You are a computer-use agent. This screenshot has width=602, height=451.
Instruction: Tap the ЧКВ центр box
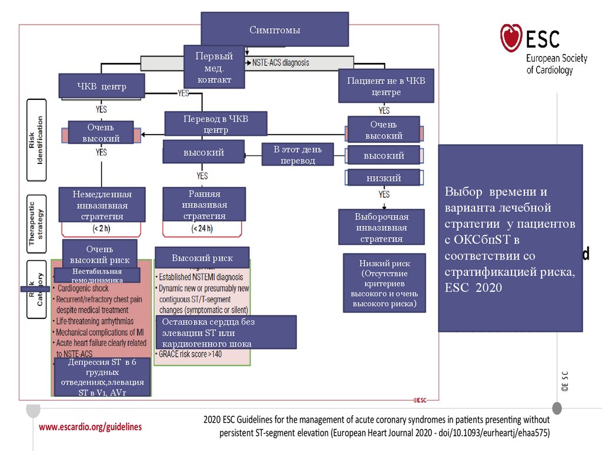click(102, 87)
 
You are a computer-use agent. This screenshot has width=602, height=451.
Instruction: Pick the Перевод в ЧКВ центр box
click(216, 124)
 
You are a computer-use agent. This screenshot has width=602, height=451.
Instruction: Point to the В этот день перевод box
click(298, 155)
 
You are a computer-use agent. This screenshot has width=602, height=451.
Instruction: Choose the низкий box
click(384, 177)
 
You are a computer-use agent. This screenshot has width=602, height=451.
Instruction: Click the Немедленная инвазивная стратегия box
click(102, 204)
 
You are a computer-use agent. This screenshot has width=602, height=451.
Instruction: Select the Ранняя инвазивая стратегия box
click(204, 204)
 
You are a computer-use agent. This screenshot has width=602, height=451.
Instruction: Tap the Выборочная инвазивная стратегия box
click(382, 227)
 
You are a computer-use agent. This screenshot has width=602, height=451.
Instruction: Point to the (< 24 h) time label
click(202, 228)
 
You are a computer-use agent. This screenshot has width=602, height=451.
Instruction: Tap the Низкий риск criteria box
click(384, 284)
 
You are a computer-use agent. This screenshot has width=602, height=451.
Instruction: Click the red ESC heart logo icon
click(511, 38)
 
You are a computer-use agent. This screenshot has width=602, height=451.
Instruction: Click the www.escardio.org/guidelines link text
click(91, 427)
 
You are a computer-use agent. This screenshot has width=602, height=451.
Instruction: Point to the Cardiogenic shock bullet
click(83, 288)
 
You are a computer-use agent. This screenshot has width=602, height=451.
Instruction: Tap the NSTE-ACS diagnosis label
click(280, 62)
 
